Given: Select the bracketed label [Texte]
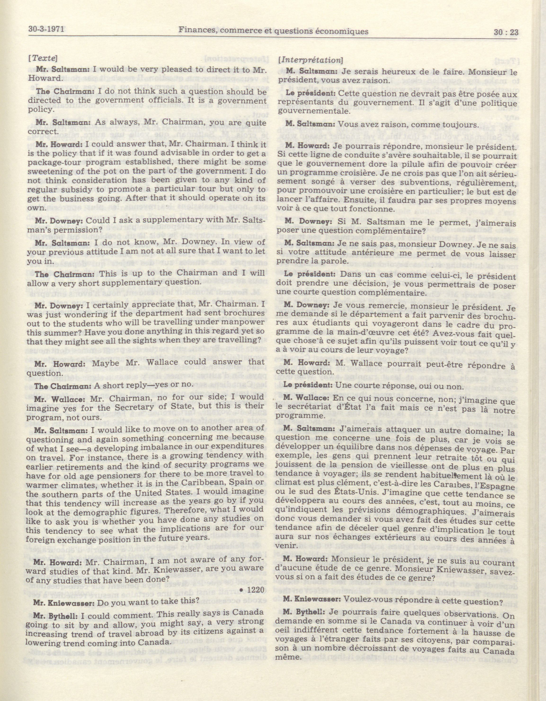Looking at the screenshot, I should pos(43,59).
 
